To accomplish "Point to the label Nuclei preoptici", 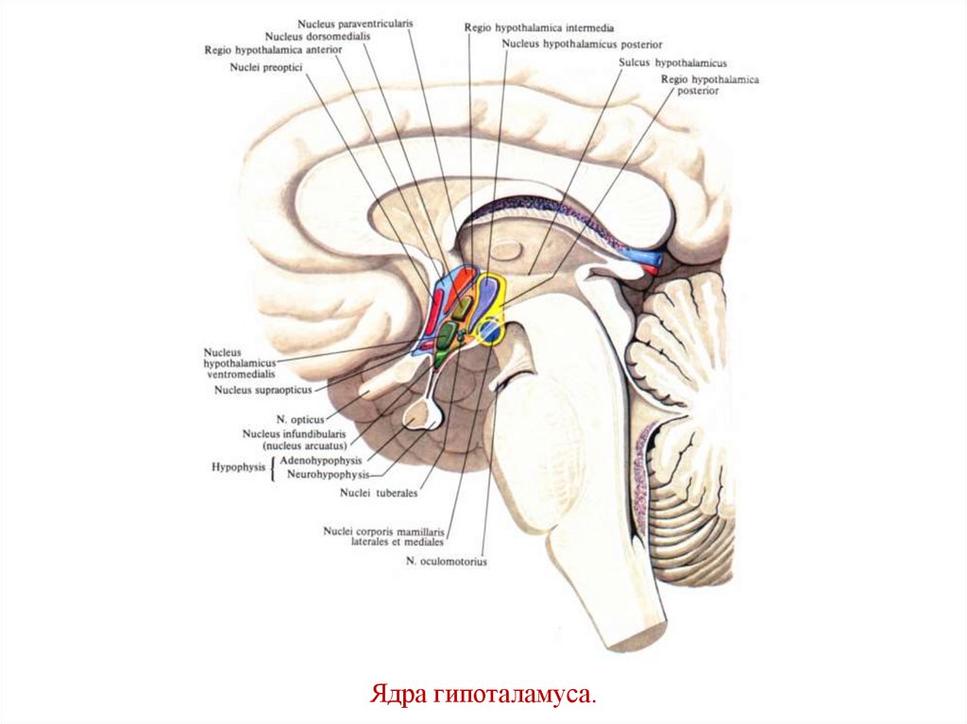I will [x=264, y=67].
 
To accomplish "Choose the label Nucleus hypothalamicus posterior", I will [x=582, y=43].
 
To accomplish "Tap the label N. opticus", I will [x=300, y=417].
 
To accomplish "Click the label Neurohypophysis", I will [x=327, y=474].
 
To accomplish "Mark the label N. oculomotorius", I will [x=447, y=562].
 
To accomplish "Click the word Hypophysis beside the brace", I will [x=237, y=466].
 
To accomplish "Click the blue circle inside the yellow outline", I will [x=489, y=330].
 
